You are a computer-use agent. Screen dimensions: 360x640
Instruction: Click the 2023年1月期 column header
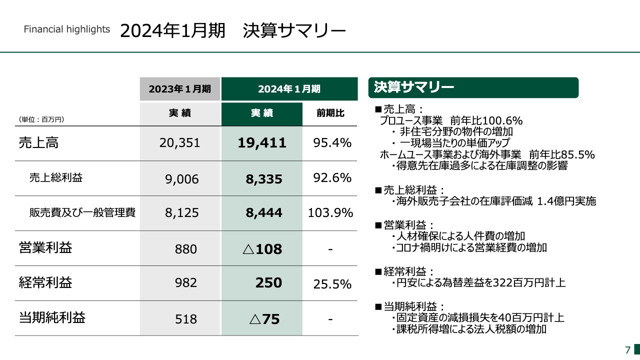[x=179, y=89]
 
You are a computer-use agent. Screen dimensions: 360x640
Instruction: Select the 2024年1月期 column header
[x=289, y=89]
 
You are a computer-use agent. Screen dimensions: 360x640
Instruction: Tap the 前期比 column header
[x=330, y=113]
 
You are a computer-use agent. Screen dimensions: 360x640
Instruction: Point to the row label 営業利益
[x=45, y=248]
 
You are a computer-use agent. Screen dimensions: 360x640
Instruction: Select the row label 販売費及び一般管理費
[x=82, y=213]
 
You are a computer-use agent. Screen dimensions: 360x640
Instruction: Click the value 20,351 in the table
[x=180, y=143]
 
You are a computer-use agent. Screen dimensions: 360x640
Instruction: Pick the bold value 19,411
[x=262, y=143]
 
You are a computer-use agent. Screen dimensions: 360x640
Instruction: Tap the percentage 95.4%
[x=332, y=143]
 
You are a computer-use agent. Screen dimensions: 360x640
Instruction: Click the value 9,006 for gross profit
[x=182, y=179]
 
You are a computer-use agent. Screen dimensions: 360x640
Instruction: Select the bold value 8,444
[x=264, y=213]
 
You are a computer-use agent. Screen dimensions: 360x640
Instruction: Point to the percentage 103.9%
[x=331, y=213]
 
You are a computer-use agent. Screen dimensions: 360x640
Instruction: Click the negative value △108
[x=262, y=248]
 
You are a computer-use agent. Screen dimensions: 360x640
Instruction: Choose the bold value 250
[x=268, y=283]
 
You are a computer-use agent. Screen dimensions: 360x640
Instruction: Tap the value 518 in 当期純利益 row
[x=186, y=319]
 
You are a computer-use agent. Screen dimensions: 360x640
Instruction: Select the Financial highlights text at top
[x=67, y=29]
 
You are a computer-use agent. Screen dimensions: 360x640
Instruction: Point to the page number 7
[x=627, y=349]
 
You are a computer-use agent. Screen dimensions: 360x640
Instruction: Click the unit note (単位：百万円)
[x=41, y=119]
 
